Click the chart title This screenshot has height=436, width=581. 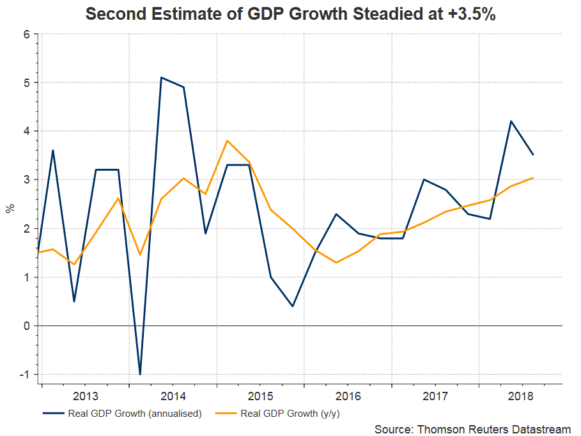290,14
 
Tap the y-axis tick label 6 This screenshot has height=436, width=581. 27,34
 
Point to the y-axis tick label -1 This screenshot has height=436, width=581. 25,375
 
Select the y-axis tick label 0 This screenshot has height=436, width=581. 27,326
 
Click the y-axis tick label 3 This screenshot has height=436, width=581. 27,180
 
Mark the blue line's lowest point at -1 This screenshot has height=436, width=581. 139,374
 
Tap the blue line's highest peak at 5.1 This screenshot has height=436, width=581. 161,77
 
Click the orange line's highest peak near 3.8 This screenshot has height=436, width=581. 227,141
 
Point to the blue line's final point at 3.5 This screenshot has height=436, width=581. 533,155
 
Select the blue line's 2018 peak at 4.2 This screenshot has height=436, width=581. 511,121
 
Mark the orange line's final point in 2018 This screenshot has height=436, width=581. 533,178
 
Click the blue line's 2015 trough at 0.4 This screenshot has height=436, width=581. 293,306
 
